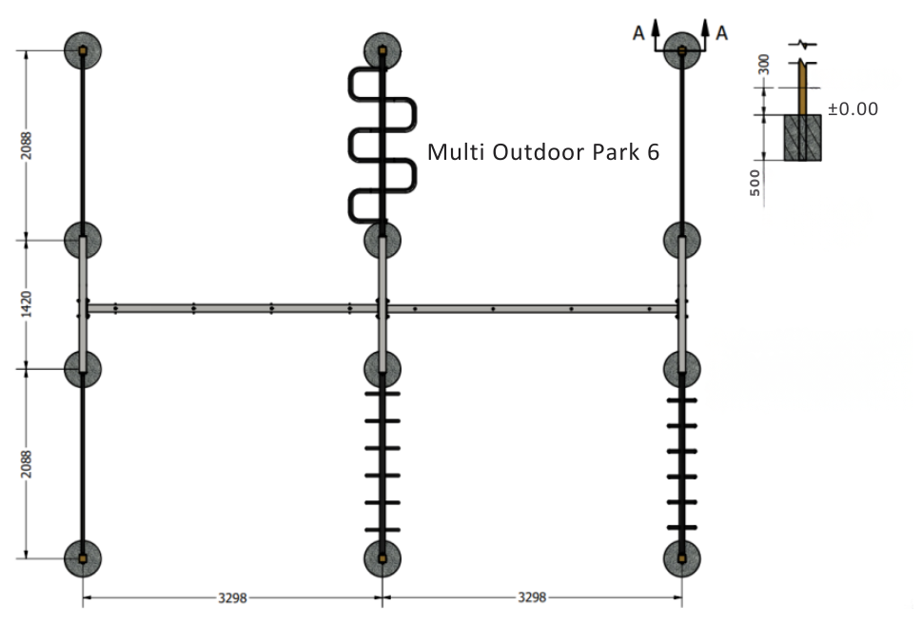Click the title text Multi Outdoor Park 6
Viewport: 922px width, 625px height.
pos(542,152)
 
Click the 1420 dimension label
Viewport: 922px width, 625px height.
pos(27,304)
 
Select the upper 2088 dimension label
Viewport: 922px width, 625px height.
pos(27,146)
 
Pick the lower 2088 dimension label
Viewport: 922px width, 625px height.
pos(27,464)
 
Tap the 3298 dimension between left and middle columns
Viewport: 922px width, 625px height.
pos(232,598)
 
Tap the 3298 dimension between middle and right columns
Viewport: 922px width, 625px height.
pos(532,597)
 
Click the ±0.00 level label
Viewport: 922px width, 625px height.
pos(853,108)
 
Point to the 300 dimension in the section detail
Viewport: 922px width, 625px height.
pos(763,64)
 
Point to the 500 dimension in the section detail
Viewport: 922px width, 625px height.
pos(755,183)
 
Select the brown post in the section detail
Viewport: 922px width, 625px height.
pos(803,88)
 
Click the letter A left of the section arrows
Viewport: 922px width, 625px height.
pos(638,33)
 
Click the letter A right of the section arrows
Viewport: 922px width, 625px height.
pos(721,33)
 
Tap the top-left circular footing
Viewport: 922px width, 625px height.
pos(83,50)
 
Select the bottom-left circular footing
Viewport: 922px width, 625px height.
pos(83,558)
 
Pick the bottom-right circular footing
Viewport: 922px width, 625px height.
pos(682,558)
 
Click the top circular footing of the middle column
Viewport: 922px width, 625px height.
pos(383,50)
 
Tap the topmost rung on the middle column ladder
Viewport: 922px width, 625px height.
pos(383,393)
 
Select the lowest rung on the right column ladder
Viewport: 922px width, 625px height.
pos(682,527)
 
